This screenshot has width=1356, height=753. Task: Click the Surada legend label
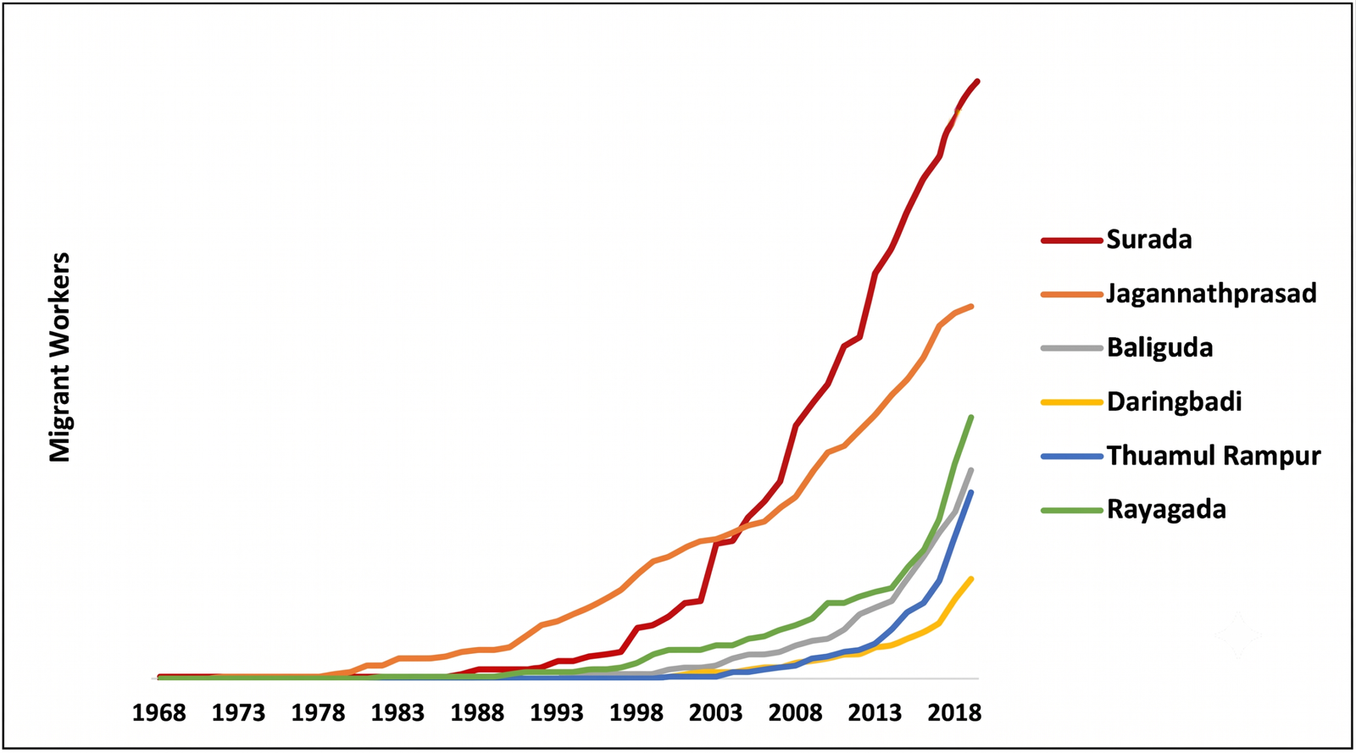click(1149, 240)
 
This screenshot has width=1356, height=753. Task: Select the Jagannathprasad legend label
click(1211, 294)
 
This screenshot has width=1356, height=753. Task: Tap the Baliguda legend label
click(1160, 348)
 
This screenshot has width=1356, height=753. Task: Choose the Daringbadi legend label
click(1175, 401)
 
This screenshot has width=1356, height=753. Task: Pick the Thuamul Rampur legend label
click(1214, 456)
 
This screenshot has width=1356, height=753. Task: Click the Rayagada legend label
click(1166, 509)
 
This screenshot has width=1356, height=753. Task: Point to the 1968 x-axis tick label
click(159, 714)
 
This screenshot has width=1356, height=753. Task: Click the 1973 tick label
click(238, 714)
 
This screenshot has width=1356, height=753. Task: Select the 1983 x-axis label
click(397, 714)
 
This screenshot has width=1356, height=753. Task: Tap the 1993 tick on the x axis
click(557, 714)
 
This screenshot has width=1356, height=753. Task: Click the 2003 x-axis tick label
click(715, 714)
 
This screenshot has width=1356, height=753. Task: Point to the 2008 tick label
click(796, 714)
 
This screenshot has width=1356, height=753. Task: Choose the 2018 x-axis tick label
click(954, 714)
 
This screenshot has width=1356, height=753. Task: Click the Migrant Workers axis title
click(59, 357)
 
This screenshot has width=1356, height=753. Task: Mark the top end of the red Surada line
click(978, 81)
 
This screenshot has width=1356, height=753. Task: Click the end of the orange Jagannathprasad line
click(971, 306)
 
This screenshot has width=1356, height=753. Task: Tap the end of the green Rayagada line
click(971, 417)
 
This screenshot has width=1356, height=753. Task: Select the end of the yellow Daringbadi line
click(971, 579)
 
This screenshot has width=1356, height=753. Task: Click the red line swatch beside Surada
click(1072, 240)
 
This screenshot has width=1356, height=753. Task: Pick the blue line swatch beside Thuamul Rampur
click(1072, 457)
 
